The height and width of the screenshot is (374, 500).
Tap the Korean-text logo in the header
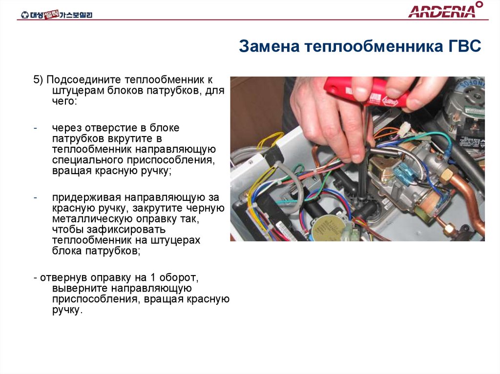[x=57, y=14]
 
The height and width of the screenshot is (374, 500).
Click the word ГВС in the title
[x=462, y=46]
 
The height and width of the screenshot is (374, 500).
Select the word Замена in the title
[x=270, y=46]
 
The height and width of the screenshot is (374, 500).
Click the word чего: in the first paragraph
[x=65, y=101]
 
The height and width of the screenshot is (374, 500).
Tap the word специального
[x=88, y=160]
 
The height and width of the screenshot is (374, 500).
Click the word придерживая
[x=87, y=197]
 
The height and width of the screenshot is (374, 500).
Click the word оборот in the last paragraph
[x=179, y=278]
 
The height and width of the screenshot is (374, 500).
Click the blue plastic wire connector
[x=403, y=175]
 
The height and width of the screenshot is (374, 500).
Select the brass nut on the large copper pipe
[x=446, y=175]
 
